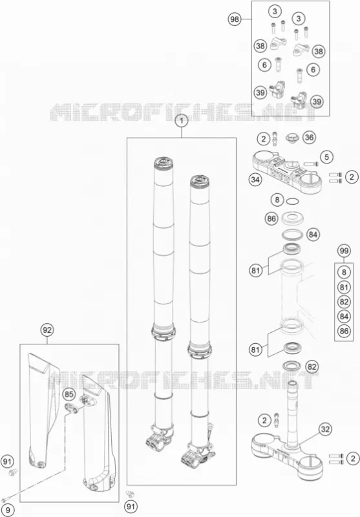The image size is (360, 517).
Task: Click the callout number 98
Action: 235,19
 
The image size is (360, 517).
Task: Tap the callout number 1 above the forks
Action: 182,121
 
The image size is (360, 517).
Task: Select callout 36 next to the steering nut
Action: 309,137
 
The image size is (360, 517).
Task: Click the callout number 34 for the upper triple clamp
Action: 255,180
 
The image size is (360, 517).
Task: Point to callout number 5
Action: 326,157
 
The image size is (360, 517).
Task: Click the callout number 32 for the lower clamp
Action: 325,429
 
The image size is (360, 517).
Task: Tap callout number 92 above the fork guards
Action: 47,330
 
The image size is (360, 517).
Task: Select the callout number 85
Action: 69,394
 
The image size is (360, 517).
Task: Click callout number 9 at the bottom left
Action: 8,510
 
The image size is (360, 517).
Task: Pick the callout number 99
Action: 344,251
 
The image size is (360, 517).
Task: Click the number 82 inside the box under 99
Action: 344,302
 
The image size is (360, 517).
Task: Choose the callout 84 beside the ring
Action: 313,235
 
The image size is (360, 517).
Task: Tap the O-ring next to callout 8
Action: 292,202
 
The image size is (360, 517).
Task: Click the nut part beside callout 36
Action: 291,138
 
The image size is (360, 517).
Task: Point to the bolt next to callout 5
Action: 311,164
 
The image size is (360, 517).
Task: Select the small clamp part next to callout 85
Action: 72,407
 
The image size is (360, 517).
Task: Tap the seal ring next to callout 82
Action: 291,365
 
